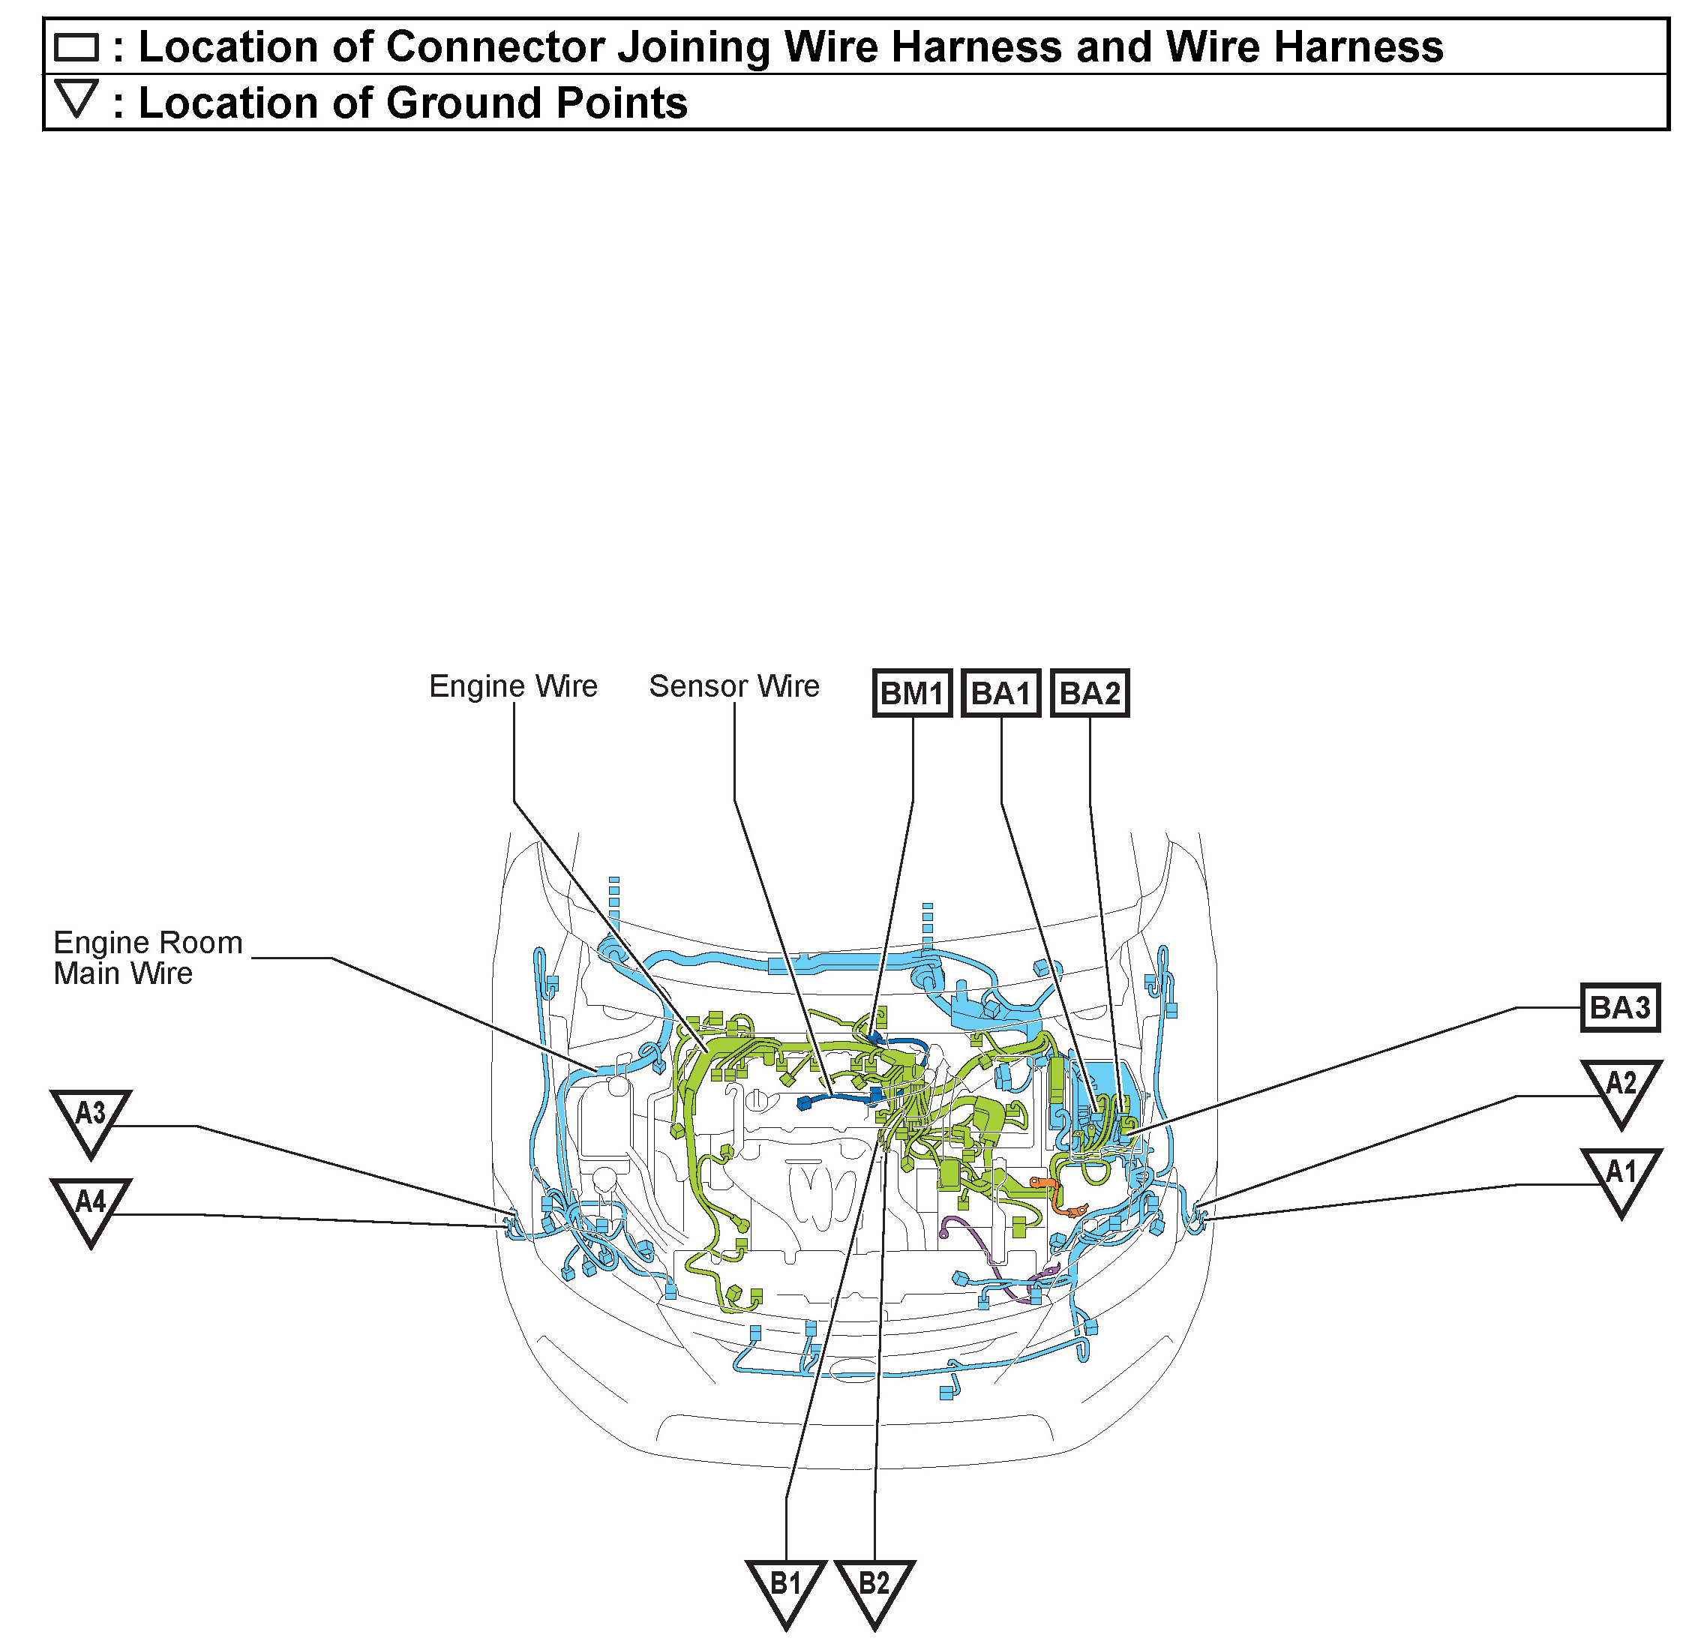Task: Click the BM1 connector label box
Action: coord(912,693)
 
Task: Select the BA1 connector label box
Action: coord(1000,693)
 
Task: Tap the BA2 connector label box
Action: coord(1090,693)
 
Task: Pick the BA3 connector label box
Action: coord(1620,1007)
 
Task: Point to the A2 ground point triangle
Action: coord(1621,1088)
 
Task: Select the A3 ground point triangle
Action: coord(91,1118)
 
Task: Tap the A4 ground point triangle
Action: coord(91,1207)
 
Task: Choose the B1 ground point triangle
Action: coord(785,1588)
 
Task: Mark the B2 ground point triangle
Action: coord(874,1588)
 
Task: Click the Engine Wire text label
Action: coord(513,686)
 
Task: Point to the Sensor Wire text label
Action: coord(734,686)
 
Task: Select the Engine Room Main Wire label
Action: coord(147,958)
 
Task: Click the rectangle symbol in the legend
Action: coord(76,47)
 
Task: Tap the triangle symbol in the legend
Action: coord(76,97)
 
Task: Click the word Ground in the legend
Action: coord(463,103)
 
